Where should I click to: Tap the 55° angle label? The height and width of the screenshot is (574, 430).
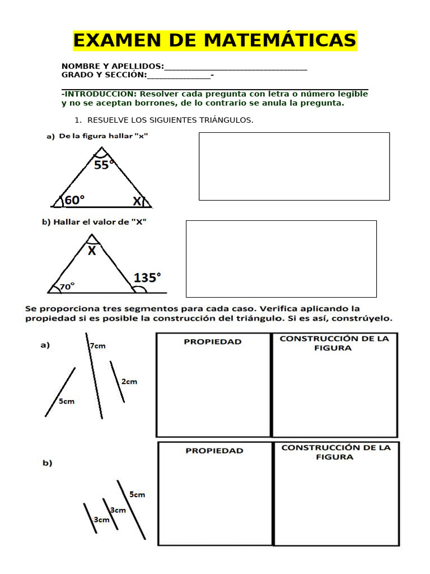click(104, 165)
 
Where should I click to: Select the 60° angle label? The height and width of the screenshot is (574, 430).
click(74, 200)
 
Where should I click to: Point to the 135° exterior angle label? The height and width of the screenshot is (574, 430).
click(147, 277)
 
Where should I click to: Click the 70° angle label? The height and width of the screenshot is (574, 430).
click(67, 286)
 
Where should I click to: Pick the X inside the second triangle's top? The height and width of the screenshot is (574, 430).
click(92, 251)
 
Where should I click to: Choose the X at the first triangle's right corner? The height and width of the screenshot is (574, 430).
click(137, 201)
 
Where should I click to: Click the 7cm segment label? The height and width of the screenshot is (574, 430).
click(97, 346)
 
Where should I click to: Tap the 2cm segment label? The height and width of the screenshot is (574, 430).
click(129, 382)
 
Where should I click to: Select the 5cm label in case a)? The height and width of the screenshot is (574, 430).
click(67, 401)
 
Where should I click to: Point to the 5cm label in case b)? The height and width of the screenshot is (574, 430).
click(137, 494)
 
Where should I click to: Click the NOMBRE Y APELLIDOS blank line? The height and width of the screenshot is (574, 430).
click(236, 67)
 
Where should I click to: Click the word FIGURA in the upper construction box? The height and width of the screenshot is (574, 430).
click(333, 348)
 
